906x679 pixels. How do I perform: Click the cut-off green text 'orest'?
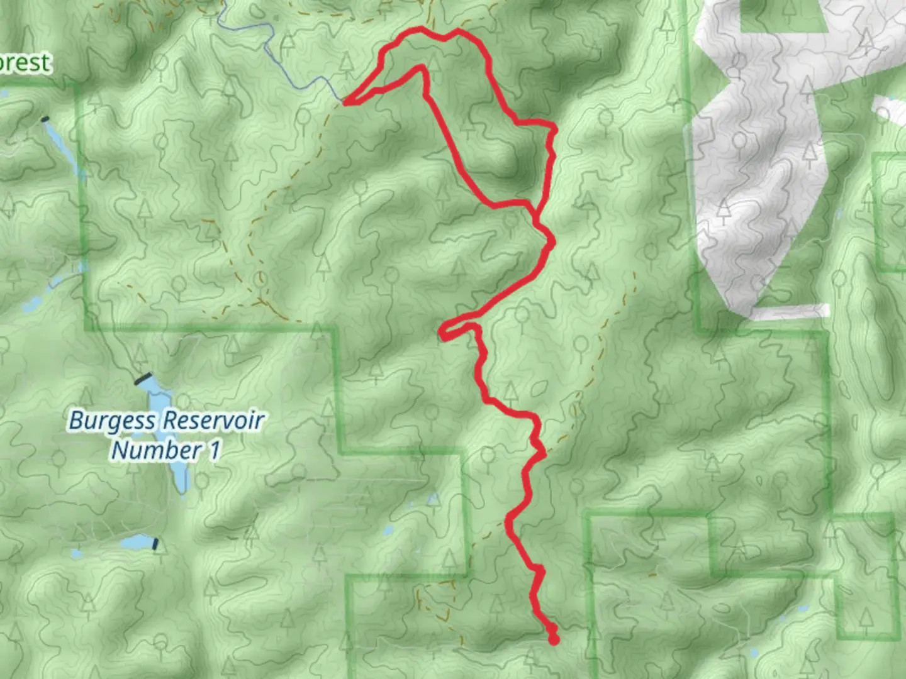pyautogui.click(x=25, y=63)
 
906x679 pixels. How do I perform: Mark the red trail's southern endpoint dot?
pyautogui.click(x=554, y=640)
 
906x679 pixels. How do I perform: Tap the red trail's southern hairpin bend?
pyautogui.click(x=444, y=334)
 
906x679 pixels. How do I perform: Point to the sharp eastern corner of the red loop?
pyautogui.click(x=554, y=130)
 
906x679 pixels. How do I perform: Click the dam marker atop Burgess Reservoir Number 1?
pyautogui.click(x=143, y=379)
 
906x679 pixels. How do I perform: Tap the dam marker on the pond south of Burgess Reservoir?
pyautogui.click(x=155, y=543)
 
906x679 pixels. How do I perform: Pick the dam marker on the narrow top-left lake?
pyautogui.click(x=44, y=119)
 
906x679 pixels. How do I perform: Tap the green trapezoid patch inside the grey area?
pyautogui.click(x=783, y=16)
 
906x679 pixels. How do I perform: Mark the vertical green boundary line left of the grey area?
pyautogui.click(x=692, y=189)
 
